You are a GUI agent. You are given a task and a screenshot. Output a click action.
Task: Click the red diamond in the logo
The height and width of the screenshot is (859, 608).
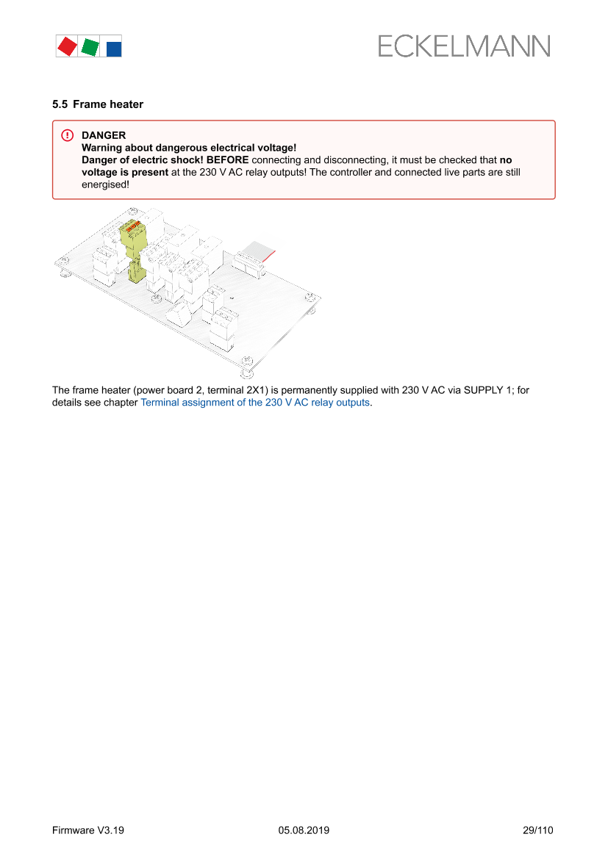point(67,46)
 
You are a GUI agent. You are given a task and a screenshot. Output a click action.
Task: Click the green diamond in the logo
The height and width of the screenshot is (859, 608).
point(90,47)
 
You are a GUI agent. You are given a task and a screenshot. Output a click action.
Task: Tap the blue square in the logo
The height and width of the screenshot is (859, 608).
point(114,48)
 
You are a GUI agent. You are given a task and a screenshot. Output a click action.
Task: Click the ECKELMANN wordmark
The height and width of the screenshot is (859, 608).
point(464,46)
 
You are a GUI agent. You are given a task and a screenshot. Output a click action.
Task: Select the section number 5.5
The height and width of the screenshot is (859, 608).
point(60,104)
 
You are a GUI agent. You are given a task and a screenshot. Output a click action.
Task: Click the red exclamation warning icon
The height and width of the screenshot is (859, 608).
point(67,135)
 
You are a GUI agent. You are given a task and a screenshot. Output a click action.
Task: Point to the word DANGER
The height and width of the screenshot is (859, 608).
point(104,135)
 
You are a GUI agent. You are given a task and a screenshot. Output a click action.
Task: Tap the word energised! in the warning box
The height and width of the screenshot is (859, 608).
point(105,184)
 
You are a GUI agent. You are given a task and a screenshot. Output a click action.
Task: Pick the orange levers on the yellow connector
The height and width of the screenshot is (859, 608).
point(135,228)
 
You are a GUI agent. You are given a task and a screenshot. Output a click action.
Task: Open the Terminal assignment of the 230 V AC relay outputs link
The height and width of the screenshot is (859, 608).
point(255,403)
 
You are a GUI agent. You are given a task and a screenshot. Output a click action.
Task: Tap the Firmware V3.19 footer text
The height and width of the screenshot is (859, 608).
point(88,830)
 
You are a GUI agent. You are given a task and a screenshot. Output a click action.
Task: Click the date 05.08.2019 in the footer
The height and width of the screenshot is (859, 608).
point(304,830)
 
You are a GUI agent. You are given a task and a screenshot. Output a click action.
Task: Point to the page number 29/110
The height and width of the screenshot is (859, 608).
point(537,830)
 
